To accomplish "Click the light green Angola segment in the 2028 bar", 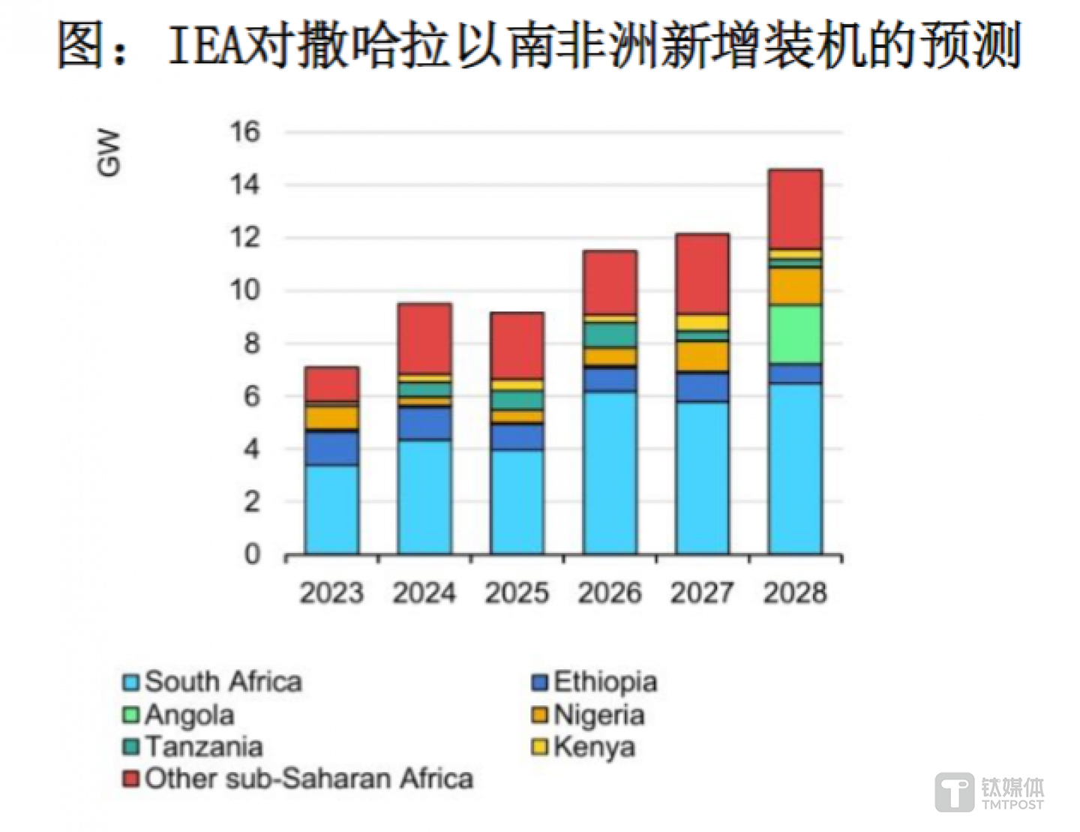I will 795,335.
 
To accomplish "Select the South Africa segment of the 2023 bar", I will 331,509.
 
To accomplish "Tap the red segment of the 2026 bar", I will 610,282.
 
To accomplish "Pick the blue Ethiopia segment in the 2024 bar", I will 424,423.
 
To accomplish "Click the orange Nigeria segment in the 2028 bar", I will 795,286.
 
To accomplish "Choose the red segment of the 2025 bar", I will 517,345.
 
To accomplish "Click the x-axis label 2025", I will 517,593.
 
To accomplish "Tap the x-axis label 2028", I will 795,593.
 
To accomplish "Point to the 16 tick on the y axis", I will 245,132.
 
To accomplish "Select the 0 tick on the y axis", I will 252,554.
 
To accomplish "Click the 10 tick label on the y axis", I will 245,290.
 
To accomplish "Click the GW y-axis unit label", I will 109,152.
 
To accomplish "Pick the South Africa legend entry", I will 213,682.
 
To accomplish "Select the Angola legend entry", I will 179,715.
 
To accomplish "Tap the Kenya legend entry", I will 584,747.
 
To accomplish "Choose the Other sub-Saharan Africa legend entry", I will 298,779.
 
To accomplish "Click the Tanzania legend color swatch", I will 131,747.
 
